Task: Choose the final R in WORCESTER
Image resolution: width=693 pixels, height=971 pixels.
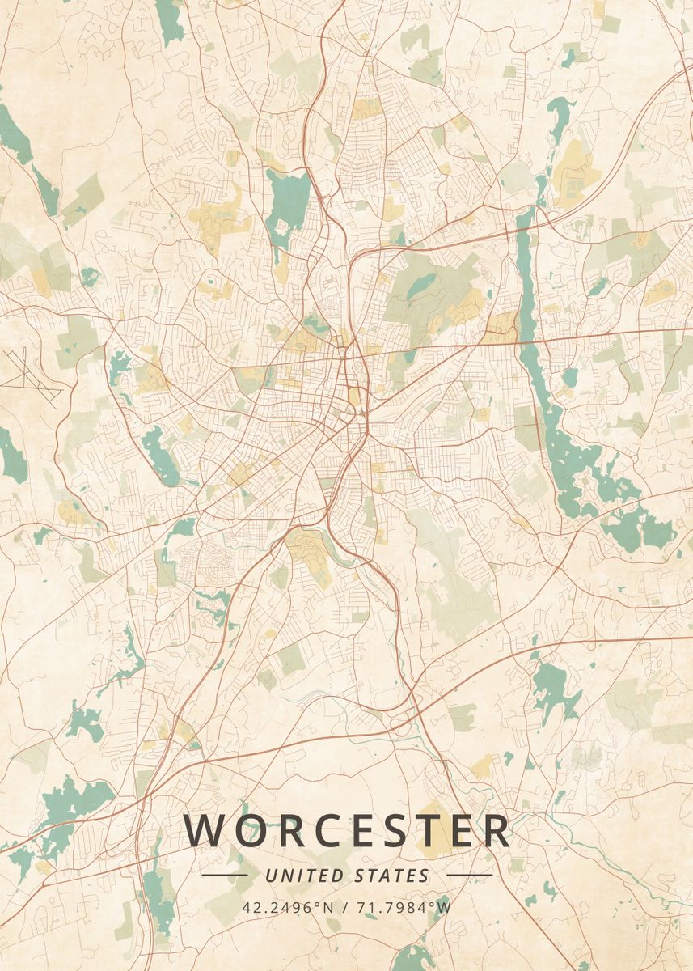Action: click(495, 830)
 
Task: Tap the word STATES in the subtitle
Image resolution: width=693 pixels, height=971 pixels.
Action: click(393, 876)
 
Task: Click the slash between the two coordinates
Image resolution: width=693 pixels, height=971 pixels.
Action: click(346, 906)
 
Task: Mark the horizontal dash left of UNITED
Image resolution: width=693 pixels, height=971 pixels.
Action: click(224, 876)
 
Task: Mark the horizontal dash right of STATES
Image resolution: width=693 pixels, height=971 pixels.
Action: click(469, 876)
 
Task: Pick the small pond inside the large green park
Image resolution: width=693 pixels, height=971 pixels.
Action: click(421, 285)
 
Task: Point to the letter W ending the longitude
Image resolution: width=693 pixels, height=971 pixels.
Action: click(444, 906)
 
